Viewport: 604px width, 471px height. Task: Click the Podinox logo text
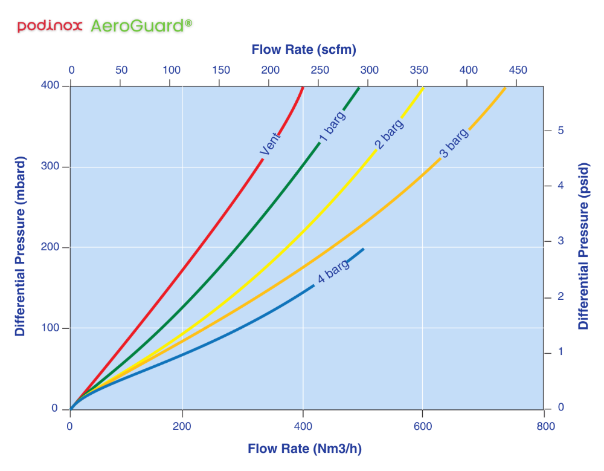(x=51, y=26)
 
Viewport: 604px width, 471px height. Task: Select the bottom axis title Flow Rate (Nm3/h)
(x=304, y=449)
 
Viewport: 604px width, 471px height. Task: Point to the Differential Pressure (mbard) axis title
(x=20, y=247)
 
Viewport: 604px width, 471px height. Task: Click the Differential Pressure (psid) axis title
(x=583, y=247)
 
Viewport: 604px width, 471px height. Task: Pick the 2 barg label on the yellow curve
(x=389, y=134)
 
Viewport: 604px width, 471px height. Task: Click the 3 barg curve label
(x=454, y=143)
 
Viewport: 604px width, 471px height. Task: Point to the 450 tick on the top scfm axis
(x=518, y=70)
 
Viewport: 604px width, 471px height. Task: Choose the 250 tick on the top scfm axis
(x=320, y=70)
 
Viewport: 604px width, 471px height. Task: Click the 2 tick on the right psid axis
(x=561, y=296)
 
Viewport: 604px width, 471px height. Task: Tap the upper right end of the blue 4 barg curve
(x=362, y=249)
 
